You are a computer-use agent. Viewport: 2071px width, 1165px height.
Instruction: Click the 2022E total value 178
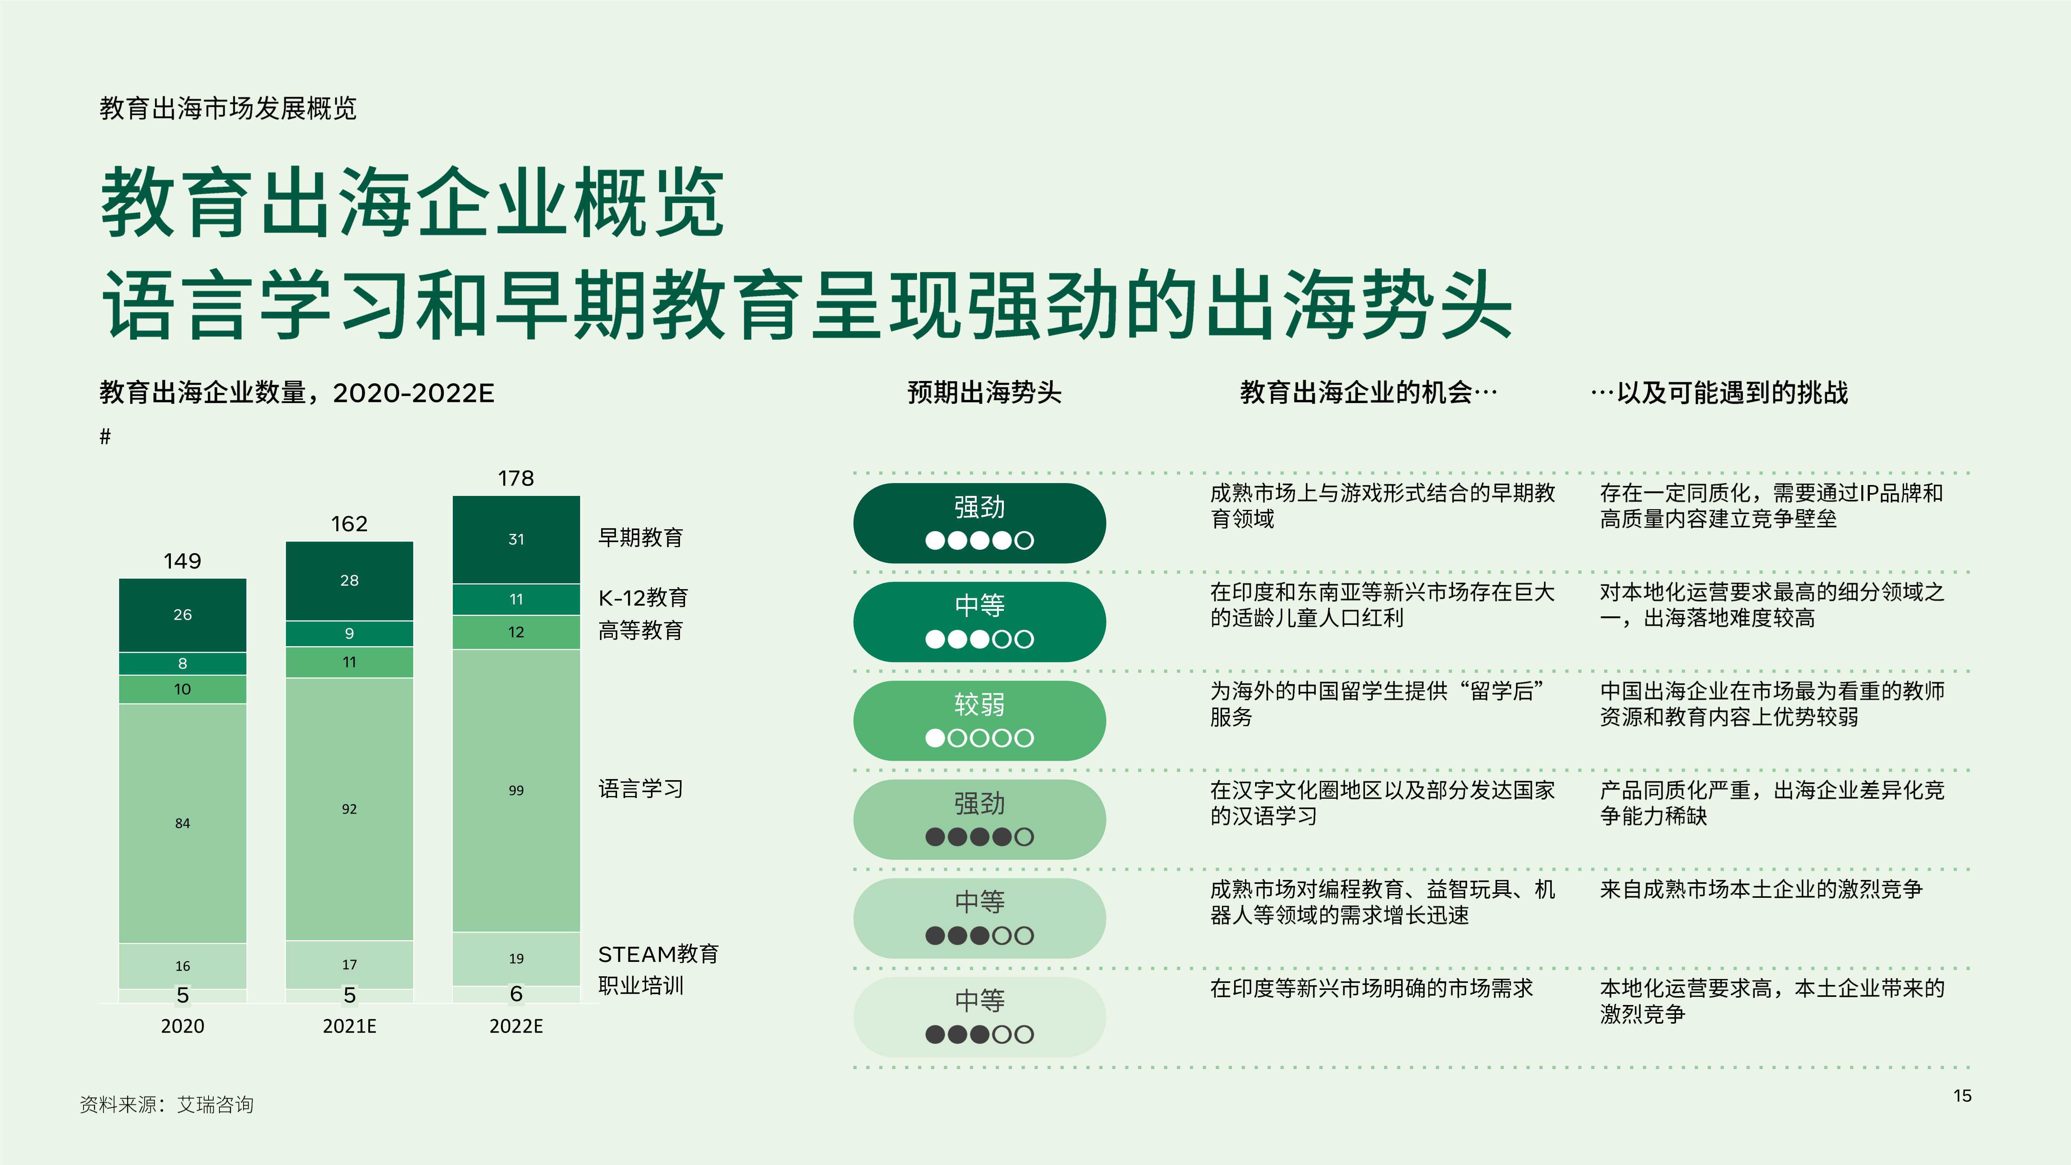[515, 478]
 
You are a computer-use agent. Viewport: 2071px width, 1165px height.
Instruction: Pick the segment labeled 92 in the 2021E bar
[349, 809]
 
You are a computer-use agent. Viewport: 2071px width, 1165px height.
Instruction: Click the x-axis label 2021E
[349, 1026]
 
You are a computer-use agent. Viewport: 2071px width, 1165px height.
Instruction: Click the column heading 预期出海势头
[984, 392]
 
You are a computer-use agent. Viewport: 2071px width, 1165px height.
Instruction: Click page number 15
[1963, 1096]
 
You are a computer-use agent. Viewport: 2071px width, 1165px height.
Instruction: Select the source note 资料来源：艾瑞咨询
[167, 1105]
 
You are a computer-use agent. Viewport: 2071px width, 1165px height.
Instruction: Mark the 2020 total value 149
[183, 561]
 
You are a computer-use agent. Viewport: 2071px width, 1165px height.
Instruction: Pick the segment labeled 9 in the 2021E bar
[349, 633]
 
